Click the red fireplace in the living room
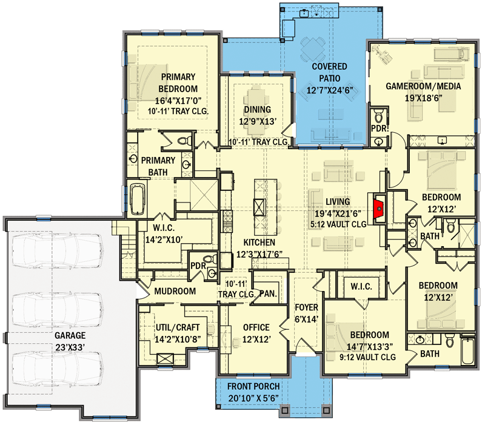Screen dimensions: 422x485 (x=378, y=209)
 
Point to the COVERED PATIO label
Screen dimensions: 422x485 (x=330, y=78)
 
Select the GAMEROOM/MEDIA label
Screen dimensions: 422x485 (x=424, y=87)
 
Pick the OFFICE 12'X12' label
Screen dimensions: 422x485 (x=256, y=333)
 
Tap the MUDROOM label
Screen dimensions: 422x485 (x=175, y=292)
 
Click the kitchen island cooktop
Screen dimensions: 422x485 (x=259, y=206)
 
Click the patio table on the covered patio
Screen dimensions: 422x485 (x=313, y=48)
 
